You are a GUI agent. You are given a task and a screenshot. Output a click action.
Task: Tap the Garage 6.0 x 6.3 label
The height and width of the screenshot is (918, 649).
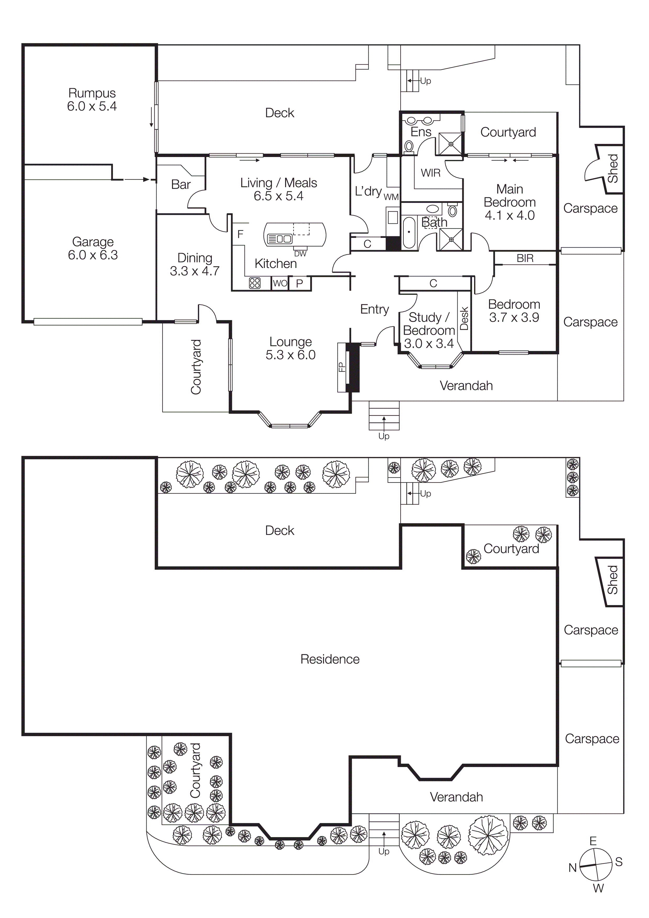click(x=93, y=248)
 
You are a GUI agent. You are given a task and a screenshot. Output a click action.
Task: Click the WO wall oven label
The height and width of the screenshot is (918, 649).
click(x=280, y=283)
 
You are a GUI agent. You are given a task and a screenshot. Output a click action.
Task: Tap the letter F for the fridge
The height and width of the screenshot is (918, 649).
click(x=240, y=234)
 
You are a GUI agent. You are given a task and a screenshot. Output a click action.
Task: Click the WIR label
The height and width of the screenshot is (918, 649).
click(x=431, y=173)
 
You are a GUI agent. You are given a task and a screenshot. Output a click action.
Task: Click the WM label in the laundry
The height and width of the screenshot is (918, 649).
click(x=391, y=197)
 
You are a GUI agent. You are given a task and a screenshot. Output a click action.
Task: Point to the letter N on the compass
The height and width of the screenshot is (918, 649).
click(x=573, y=867)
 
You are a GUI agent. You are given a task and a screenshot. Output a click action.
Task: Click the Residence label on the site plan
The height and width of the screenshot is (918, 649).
click(x=330, y=659)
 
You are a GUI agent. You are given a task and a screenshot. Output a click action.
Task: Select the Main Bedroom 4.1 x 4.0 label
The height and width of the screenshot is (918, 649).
click(x=509, y=202)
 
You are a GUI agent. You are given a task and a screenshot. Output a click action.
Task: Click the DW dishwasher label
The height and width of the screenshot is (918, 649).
click(x=300, y=254)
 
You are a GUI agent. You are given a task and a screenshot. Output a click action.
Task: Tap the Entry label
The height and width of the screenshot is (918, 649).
click(x=374, y=309)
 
